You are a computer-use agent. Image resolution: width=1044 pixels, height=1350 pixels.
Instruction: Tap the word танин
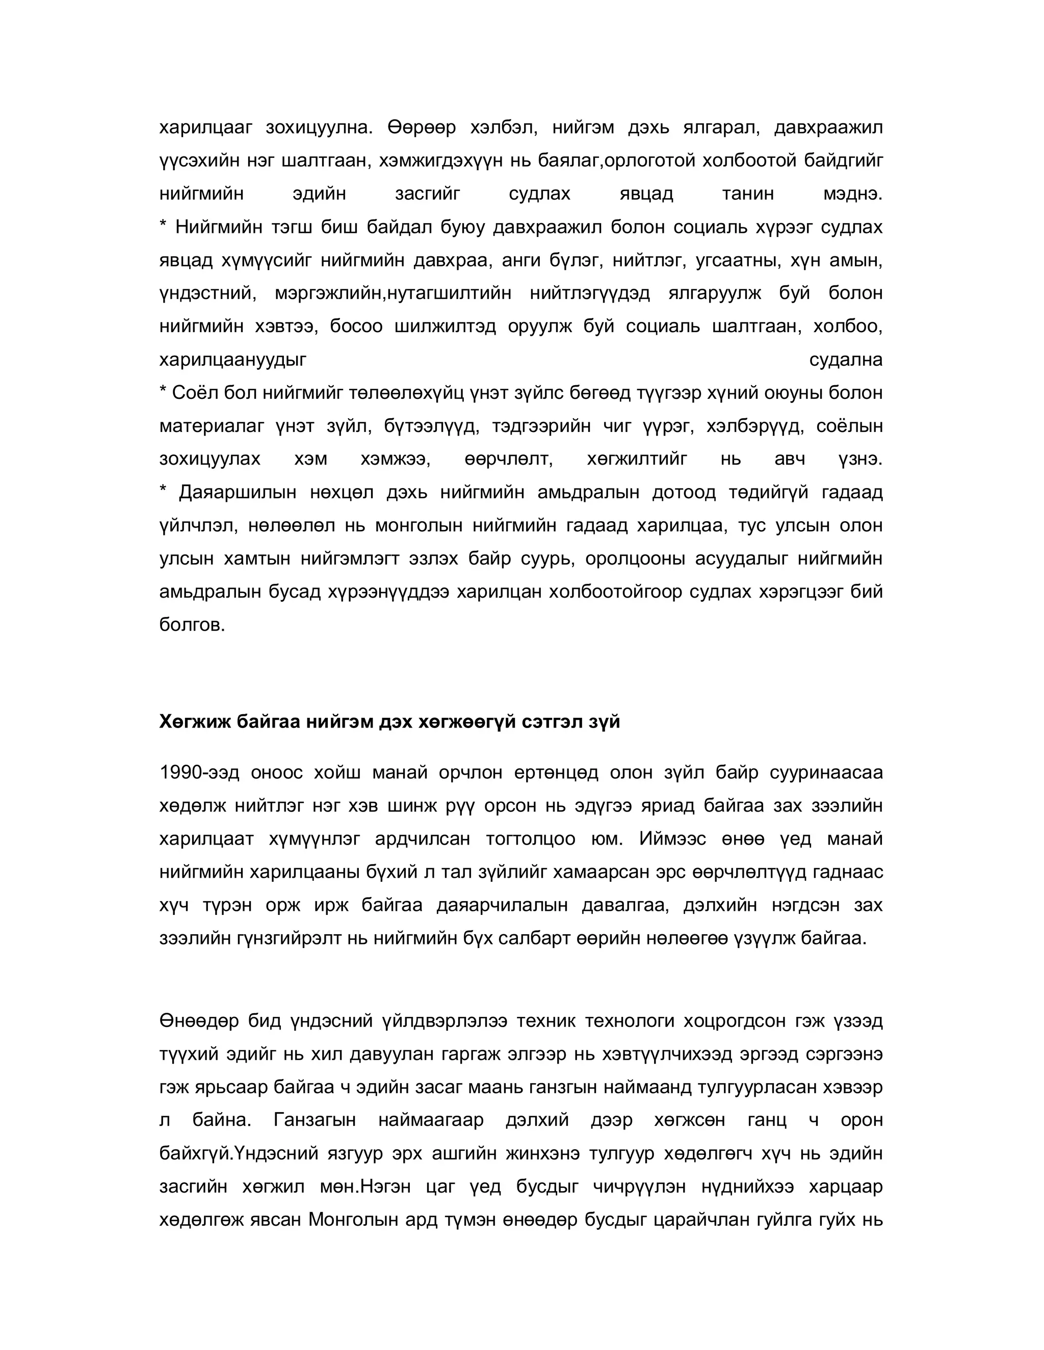(747, 194)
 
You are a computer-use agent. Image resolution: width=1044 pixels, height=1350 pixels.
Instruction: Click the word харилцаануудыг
(232, 360)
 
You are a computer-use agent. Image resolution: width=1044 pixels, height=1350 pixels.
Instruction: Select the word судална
(846, 360)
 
